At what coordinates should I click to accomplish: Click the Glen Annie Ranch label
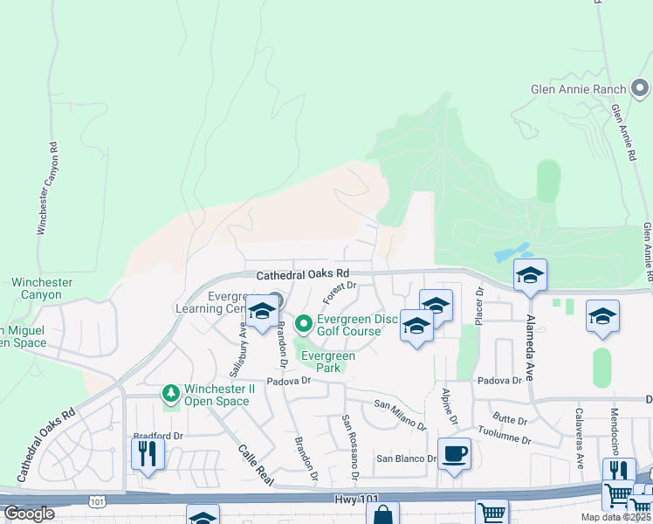578,89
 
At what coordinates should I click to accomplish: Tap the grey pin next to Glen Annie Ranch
640,88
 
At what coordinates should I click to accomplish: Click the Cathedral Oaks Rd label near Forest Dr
302,274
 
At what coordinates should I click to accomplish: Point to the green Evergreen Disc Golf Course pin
304,325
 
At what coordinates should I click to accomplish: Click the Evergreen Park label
327,362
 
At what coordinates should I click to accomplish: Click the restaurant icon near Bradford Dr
147,452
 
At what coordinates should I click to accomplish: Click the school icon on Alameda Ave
529,276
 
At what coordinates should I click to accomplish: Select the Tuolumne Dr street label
500,436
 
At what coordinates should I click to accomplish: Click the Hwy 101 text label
357,499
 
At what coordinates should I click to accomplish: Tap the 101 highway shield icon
97,500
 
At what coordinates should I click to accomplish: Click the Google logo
29,513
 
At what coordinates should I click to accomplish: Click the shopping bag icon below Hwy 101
382,514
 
